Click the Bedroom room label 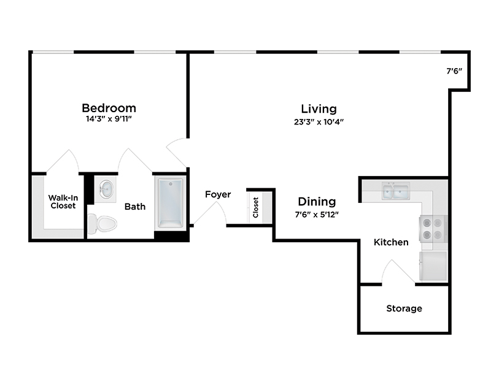(x=109, y=108)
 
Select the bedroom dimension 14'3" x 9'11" (x=109, y=120)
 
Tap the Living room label (x=319, y=109)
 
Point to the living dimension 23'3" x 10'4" (x=319, y=121)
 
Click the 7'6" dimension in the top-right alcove (x=454, y=71)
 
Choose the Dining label (x=317, y=201)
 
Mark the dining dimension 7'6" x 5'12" (x=317, y=214)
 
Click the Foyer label (x=218, y=194)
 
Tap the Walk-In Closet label (x=63, y=202)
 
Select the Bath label (x=135, y=207)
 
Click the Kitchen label (x=391, y=242)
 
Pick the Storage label (x=404, y=308)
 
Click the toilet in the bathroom (x=102, y=224)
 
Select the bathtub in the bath (x=170, y=202)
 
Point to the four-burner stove (x=432, y=228)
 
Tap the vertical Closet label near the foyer (x=256, y=207)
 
